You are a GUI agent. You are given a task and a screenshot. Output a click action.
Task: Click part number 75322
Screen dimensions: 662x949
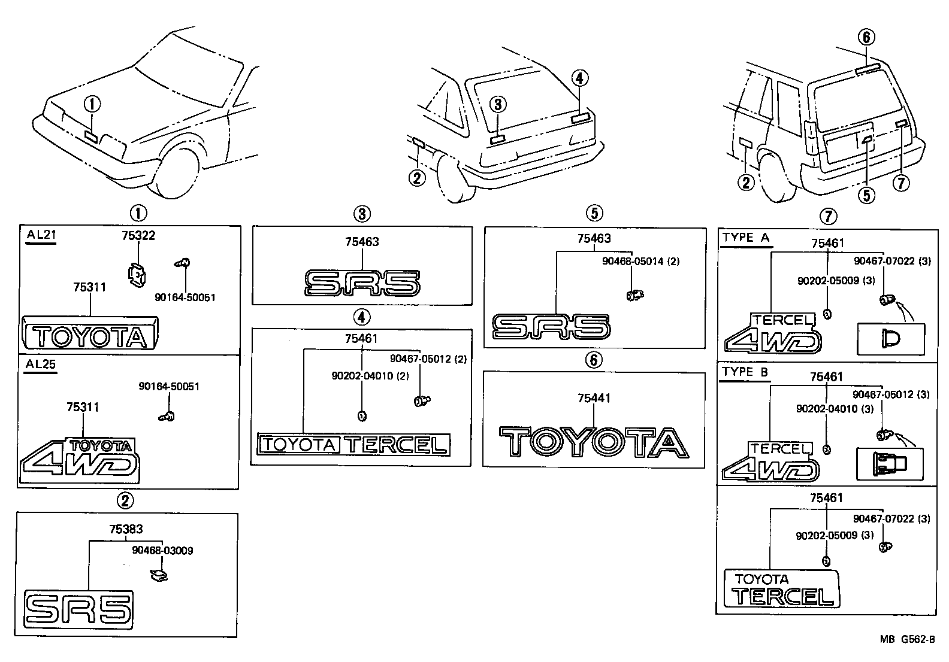pyautogui.click(x=138, y=236)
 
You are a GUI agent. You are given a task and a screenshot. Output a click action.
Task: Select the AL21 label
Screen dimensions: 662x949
pyautogui.click(x=41, y=235)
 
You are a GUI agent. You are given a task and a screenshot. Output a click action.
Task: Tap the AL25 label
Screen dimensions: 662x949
pyautogui.click(x=41, y=364)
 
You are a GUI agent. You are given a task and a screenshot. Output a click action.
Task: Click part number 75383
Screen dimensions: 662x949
pyautogui.click(x=126, y=529)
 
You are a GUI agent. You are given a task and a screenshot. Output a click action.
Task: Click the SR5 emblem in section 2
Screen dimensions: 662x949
pyautogui.click(x=78, y=609)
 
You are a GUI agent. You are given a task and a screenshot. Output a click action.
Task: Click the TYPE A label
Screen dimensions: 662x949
pyautogui.click(x=745, y=237)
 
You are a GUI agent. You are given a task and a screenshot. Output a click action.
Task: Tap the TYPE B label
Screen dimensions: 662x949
pyautogui.click(x=745, y=372)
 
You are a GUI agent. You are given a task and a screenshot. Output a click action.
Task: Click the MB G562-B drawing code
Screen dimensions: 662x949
pyautogui.click(x=906, y=639)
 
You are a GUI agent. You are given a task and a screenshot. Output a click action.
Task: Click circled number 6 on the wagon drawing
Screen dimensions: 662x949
pyautogui.click(x=866, y=38)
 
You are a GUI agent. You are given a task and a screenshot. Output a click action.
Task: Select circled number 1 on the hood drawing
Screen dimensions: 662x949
pyautogui.click(x=92, y=105)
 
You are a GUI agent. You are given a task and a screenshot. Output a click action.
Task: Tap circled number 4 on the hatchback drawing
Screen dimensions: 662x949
pyautogui.click(x=579, y=78)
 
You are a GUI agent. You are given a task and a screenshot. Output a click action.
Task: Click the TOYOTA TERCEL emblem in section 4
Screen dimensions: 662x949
pyautogui.click(x=353, y=444)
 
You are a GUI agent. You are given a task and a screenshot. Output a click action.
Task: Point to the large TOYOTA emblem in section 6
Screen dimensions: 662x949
pyautogui.click(x=594, y=443)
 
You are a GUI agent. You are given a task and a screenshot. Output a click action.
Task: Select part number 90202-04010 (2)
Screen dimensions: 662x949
pyautogui.click(x=370, y=375)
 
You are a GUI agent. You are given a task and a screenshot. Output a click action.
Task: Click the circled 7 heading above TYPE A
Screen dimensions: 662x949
pyautogui.click(x=827, y=216)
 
